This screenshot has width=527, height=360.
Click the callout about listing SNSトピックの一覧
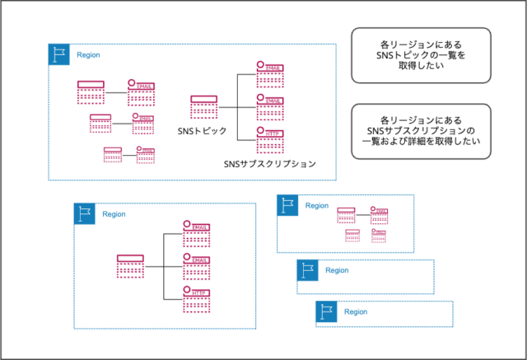(x=421, y=56)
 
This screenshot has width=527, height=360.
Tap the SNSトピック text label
(x=202, y=131)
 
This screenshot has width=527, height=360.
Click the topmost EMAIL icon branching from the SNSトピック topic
(x=270, y=74)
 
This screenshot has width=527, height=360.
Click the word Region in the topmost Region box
(x=88, y=54)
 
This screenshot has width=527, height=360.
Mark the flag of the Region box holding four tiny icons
(x=287, y=205)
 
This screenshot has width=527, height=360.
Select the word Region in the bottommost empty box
(x=356, y=312)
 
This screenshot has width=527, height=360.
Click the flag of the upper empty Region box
(x=308, y=270)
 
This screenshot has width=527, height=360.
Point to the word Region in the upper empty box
(x=337, y=270)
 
